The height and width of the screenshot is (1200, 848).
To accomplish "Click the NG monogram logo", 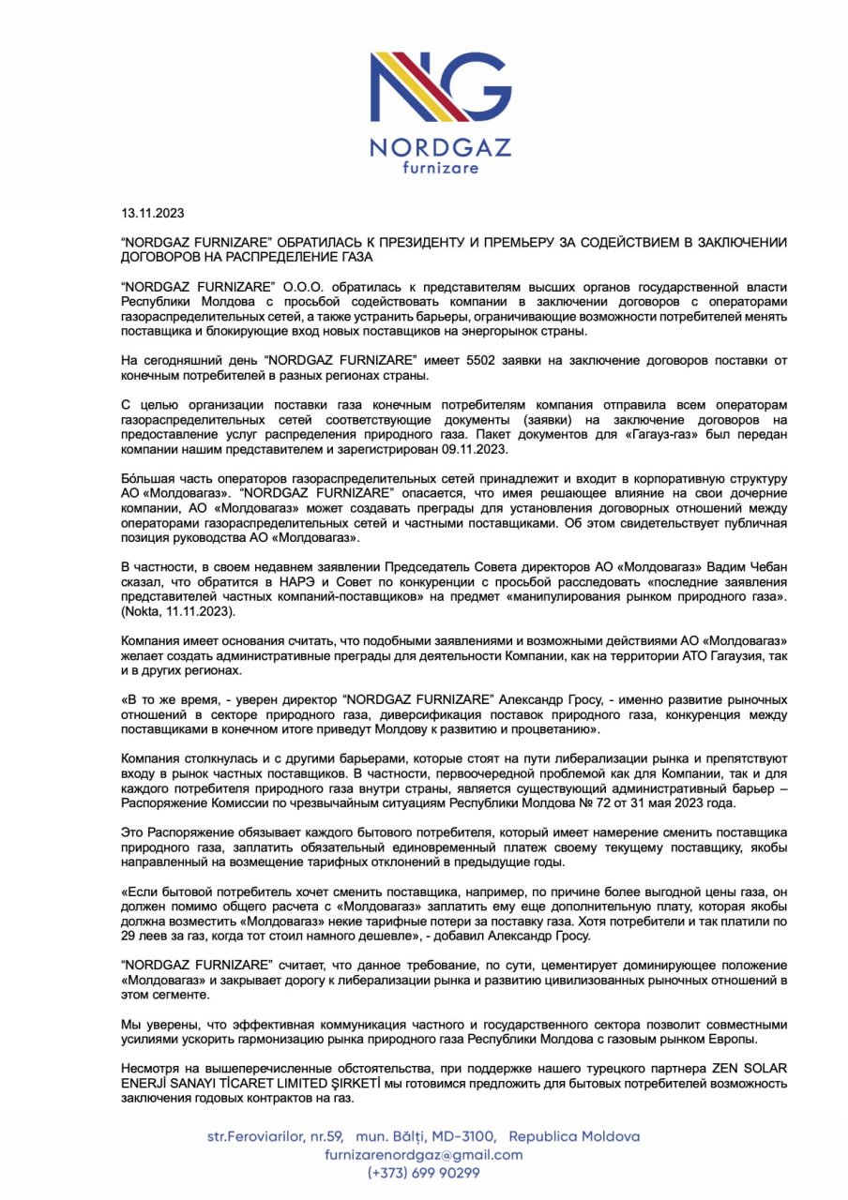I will click(439, 90).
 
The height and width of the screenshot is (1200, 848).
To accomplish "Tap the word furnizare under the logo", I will click(440, 168).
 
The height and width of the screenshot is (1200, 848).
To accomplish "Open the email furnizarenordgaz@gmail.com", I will click(424, 1155).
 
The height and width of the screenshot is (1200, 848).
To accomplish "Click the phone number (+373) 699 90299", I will click(424, 1173).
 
